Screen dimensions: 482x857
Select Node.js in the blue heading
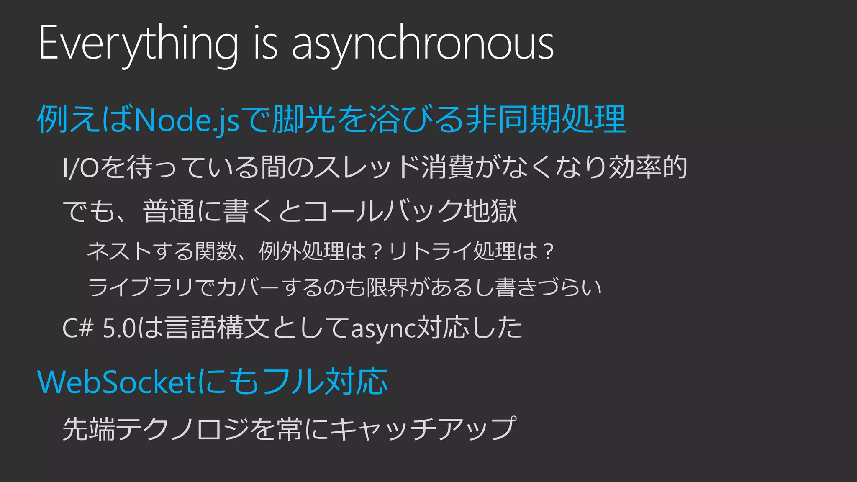(187, 120)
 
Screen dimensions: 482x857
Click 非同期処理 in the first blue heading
(546, 120)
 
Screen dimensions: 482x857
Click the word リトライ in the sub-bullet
(431, 251)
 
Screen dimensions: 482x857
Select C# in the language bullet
(78, 328)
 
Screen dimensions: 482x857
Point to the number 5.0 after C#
(119, 328)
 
